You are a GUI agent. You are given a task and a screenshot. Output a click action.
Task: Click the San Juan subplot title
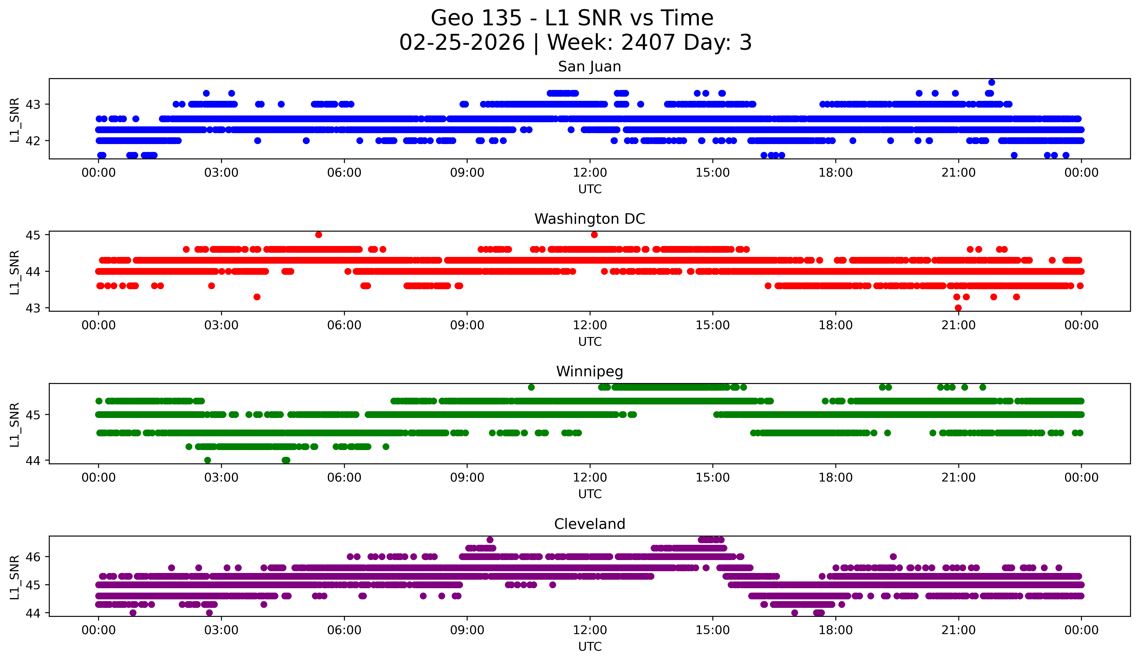(589, 67)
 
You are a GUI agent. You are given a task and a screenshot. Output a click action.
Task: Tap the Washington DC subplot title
(589, 219)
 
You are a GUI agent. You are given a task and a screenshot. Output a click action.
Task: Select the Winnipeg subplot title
(589, 371)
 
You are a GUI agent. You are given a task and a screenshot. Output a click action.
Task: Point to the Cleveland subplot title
(589, 524)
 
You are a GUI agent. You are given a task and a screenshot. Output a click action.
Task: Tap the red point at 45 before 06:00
(319, 234)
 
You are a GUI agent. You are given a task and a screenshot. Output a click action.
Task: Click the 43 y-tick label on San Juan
(32, 105)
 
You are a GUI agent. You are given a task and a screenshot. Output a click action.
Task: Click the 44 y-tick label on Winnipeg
(32, 461)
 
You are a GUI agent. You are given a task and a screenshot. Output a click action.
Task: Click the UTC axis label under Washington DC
(590, 342)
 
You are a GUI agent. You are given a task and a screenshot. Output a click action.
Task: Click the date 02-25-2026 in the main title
(462, 43)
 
